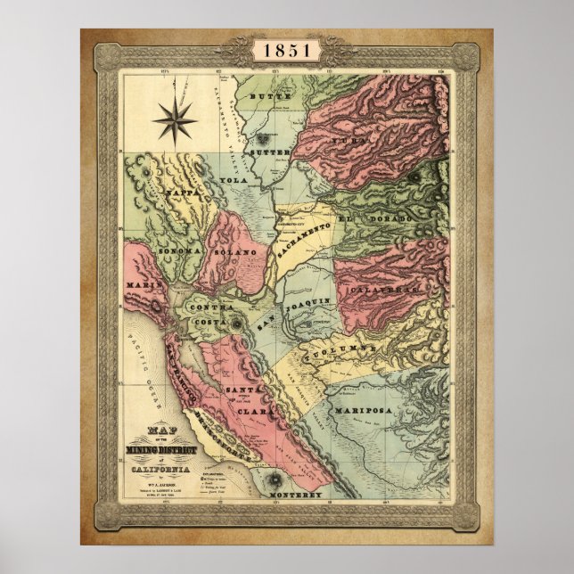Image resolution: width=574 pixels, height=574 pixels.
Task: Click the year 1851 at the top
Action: point(287,50)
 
